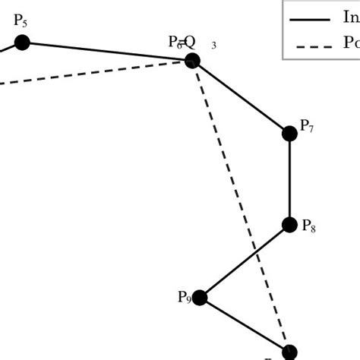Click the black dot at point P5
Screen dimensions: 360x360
pos(22,43)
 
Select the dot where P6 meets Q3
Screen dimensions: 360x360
pos(192,60)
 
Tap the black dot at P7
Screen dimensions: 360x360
pos(289,134)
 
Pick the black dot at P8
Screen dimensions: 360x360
pos(289,225)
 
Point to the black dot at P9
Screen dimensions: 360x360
pos(200,298)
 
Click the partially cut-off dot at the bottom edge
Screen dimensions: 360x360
pos(289,353)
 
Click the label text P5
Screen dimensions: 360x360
pos(21,21)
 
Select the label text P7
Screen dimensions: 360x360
pos(307,127)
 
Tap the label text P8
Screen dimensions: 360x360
pos(308,226)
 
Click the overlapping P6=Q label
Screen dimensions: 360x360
pos(182,43)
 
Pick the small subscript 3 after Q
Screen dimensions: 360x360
pos(214,46)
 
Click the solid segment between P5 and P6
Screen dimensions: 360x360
pos(106,51)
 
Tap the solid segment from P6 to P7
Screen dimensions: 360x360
pos(241,97)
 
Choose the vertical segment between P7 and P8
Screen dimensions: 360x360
pos(289,179)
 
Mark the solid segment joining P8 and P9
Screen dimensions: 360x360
pos(245,261)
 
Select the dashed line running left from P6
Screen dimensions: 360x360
pos(91,73)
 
